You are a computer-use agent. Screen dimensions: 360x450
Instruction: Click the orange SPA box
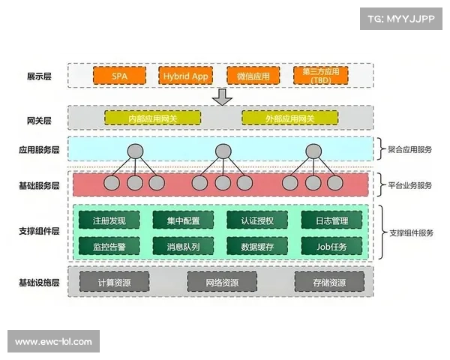(119, 76)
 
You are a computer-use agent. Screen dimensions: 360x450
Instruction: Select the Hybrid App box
(186, 76)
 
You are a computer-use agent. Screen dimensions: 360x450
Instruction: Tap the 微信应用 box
(252, 76)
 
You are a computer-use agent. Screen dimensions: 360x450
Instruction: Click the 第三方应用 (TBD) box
(321, 76)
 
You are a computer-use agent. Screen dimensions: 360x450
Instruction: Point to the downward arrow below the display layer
(222, 97)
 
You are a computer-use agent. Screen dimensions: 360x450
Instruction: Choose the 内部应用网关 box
(154, 118)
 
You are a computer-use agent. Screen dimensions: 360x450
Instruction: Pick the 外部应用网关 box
(289, 118)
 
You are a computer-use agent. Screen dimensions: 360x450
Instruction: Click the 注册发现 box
(109, 220)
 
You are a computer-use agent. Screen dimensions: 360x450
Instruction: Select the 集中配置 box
(183, 220)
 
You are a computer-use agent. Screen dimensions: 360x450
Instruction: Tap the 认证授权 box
(257, 220)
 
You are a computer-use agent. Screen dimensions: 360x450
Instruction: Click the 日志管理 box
(331, 220)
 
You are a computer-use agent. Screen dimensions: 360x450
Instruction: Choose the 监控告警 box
(109, 246)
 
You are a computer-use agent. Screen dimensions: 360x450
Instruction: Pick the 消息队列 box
(183, 246)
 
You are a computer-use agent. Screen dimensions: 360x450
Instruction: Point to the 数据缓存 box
(257, 246)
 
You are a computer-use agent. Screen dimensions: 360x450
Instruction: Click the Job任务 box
(331, 246)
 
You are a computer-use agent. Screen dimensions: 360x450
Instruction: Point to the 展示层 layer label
(39, 76)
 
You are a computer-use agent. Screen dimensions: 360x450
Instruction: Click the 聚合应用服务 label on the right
(411, 148)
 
